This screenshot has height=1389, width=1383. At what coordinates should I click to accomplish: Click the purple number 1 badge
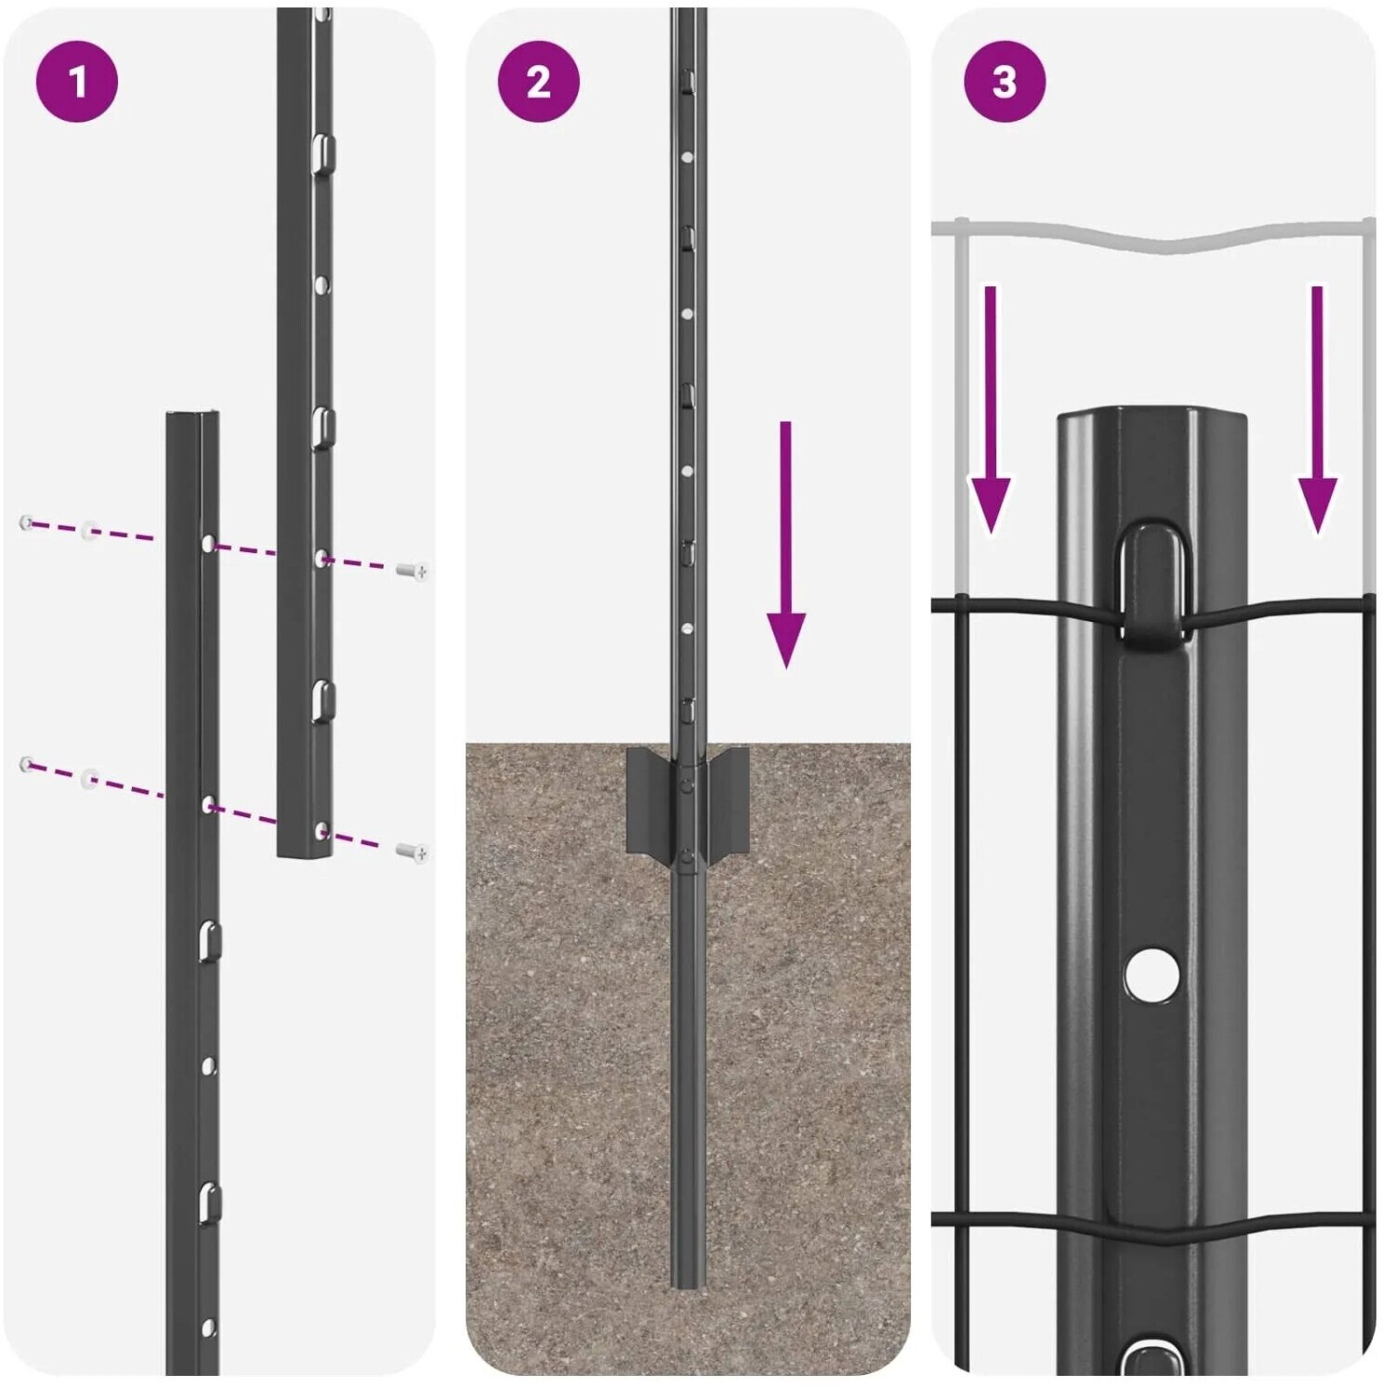[x=77, y=82]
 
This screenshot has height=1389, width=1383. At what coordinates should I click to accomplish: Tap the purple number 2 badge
[x=539, y=82]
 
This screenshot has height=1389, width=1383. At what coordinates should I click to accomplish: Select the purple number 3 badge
[x=1005, y=82]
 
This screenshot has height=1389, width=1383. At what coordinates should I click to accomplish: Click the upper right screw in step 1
[x=412, y=571]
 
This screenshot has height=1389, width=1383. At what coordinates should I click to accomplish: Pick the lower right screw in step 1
[x=412, y=850]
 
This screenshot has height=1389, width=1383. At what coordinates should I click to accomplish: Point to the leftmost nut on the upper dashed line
[x=27, y=523]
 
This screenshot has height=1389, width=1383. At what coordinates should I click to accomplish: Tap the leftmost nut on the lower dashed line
[x=27, y=764]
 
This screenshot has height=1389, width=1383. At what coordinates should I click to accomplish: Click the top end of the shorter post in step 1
[x=193, y=416]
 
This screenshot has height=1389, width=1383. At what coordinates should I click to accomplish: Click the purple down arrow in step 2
[x=786, y=544]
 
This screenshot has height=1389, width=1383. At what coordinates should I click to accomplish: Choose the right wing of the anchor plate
[x=726, y=803]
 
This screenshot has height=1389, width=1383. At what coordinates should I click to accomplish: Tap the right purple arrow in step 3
[x=1317, y=410]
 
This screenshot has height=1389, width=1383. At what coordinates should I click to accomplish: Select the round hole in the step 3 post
[x=1152, y=974]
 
